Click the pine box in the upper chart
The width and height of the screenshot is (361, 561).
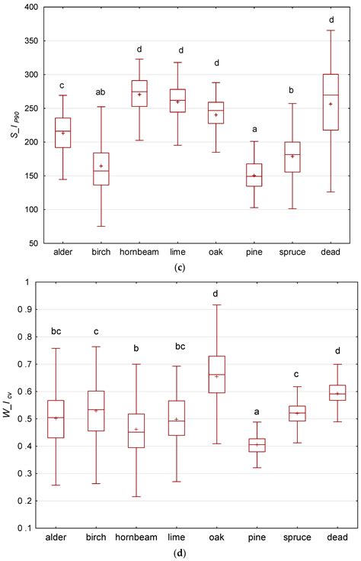coord(252,175)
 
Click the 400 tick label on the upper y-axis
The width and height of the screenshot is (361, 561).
coord(30,8)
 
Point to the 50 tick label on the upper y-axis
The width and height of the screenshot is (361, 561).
coord(33,243)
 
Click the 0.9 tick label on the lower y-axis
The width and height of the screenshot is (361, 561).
coord(31,309)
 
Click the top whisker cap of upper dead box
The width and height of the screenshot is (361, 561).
coord(331,31)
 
